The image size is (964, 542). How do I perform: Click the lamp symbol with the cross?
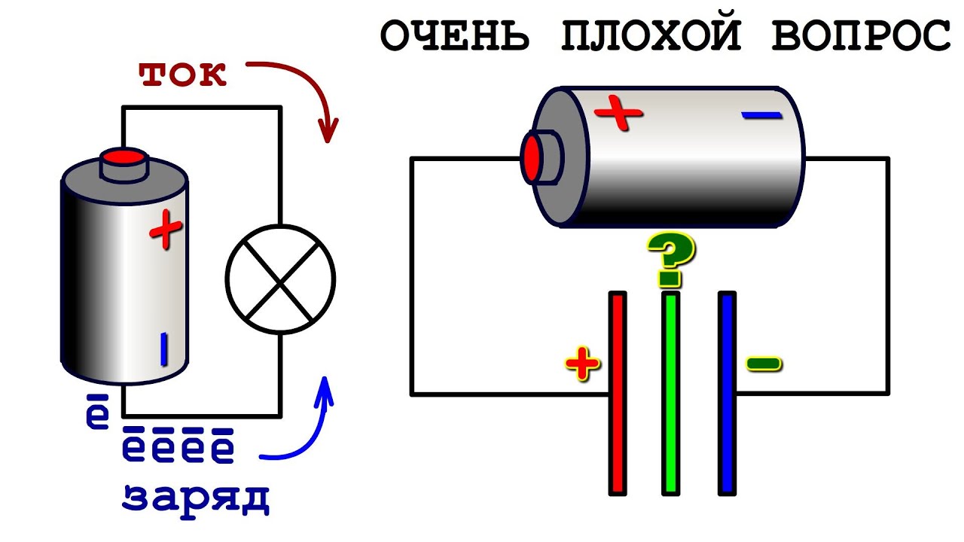click(x=281, y=280)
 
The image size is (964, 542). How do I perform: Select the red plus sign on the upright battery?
click(x=166, y=231)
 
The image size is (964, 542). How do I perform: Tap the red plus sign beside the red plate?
click(x=582, y=365)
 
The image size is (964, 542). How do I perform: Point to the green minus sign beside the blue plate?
click(x=764, y=365)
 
